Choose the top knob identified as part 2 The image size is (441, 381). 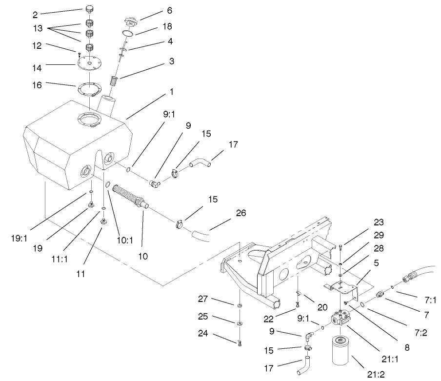(x=89, y=10)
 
